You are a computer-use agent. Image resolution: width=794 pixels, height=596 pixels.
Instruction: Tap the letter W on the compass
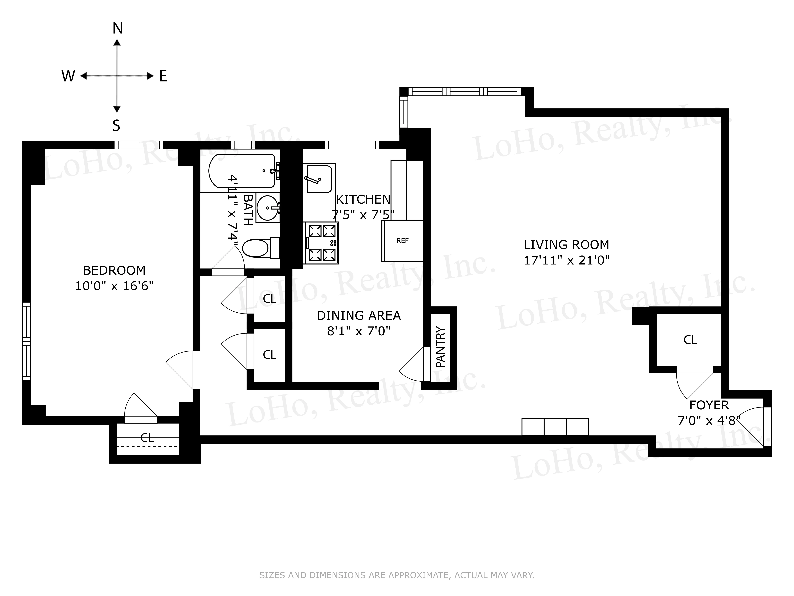coord(68,76)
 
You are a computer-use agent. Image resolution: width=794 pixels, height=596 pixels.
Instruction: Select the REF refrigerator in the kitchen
coord(402,241)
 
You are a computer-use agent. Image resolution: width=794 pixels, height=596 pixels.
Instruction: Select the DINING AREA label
coord(359,315)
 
